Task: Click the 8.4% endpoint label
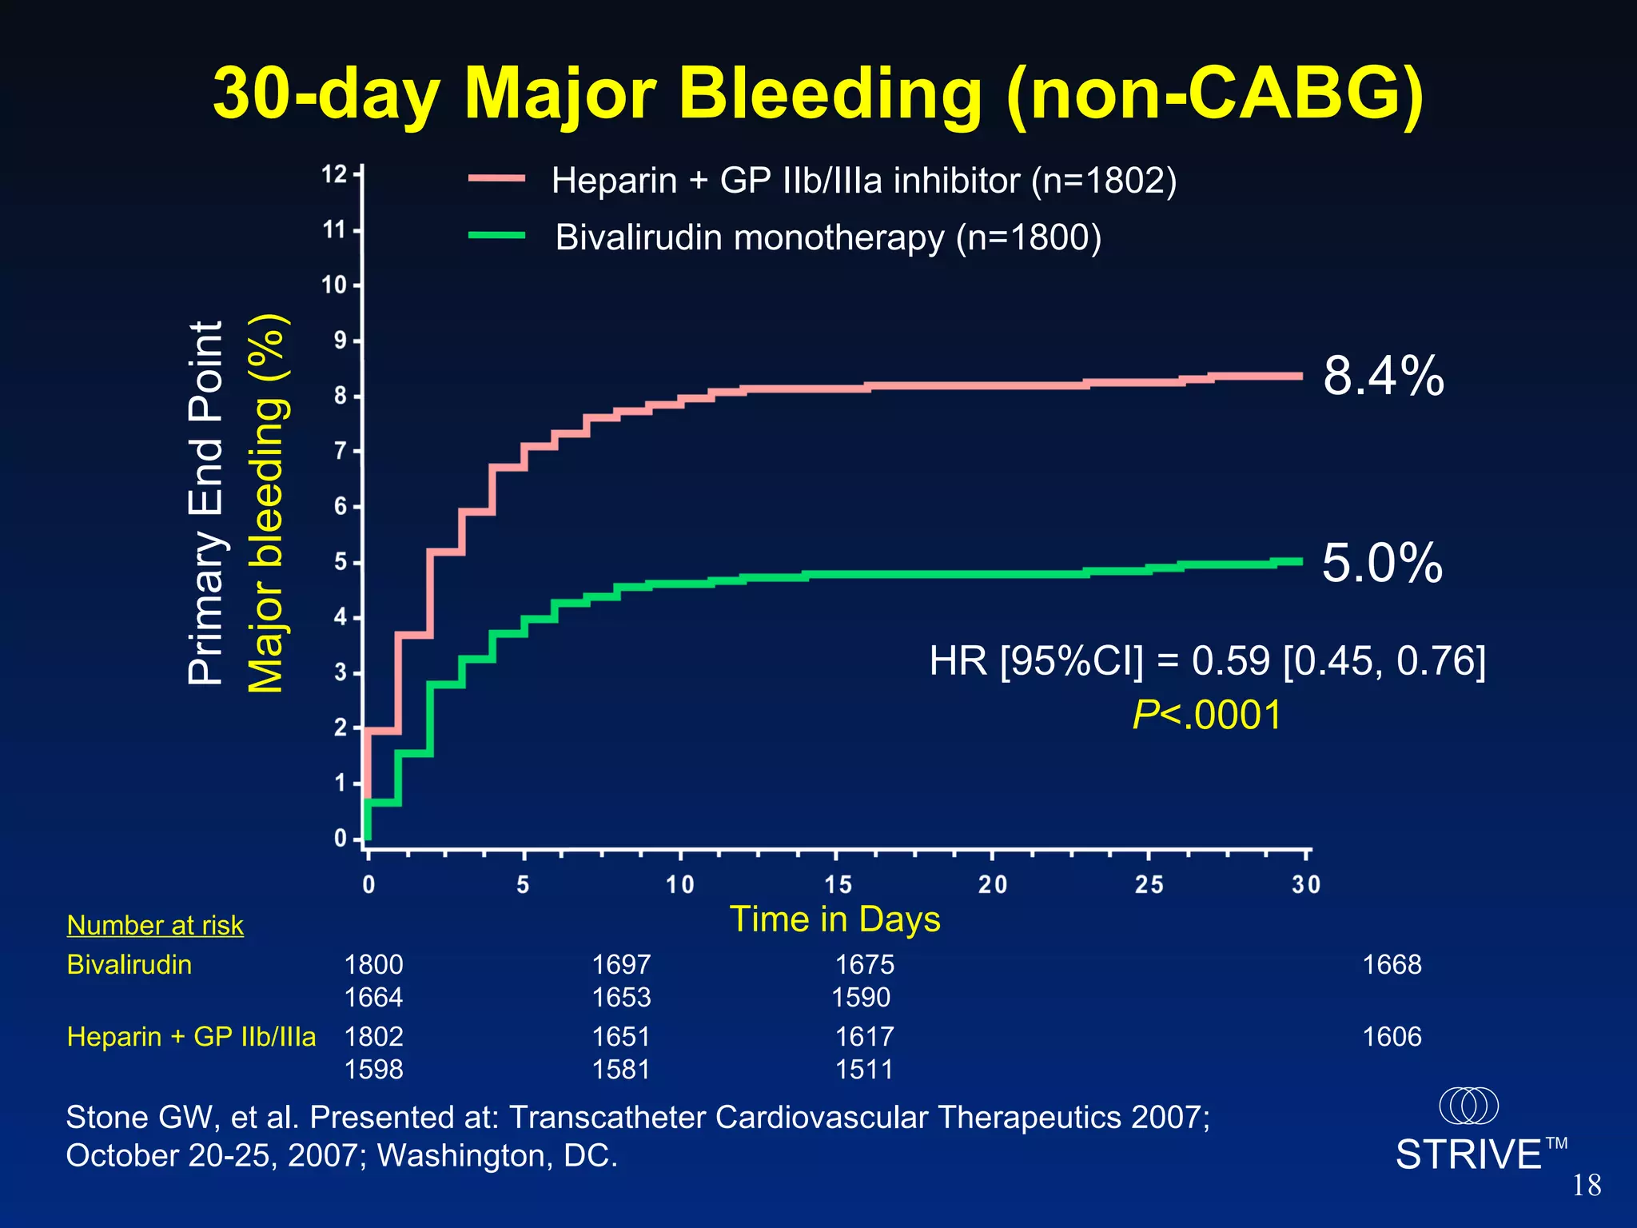coord(1384,376)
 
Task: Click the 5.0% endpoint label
coord(1382,563)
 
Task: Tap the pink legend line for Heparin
coord(496,179)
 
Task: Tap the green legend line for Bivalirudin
coord(496,236)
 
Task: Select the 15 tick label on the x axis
coord(838,885)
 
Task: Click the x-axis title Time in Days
coord(834,919)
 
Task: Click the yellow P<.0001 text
coord(1207,714)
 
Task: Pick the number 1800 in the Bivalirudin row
coord(373,965)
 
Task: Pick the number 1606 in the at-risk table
coord(1392,1037)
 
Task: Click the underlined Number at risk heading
coord(155,925)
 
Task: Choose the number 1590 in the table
coord(861,998)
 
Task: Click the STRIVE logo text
coord(1468,1154)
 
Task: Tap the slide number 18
coord(1587,1185)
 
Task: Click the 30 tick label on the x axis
coord(1306,885)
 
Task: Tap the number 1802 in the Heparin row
coord(373,1037)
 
